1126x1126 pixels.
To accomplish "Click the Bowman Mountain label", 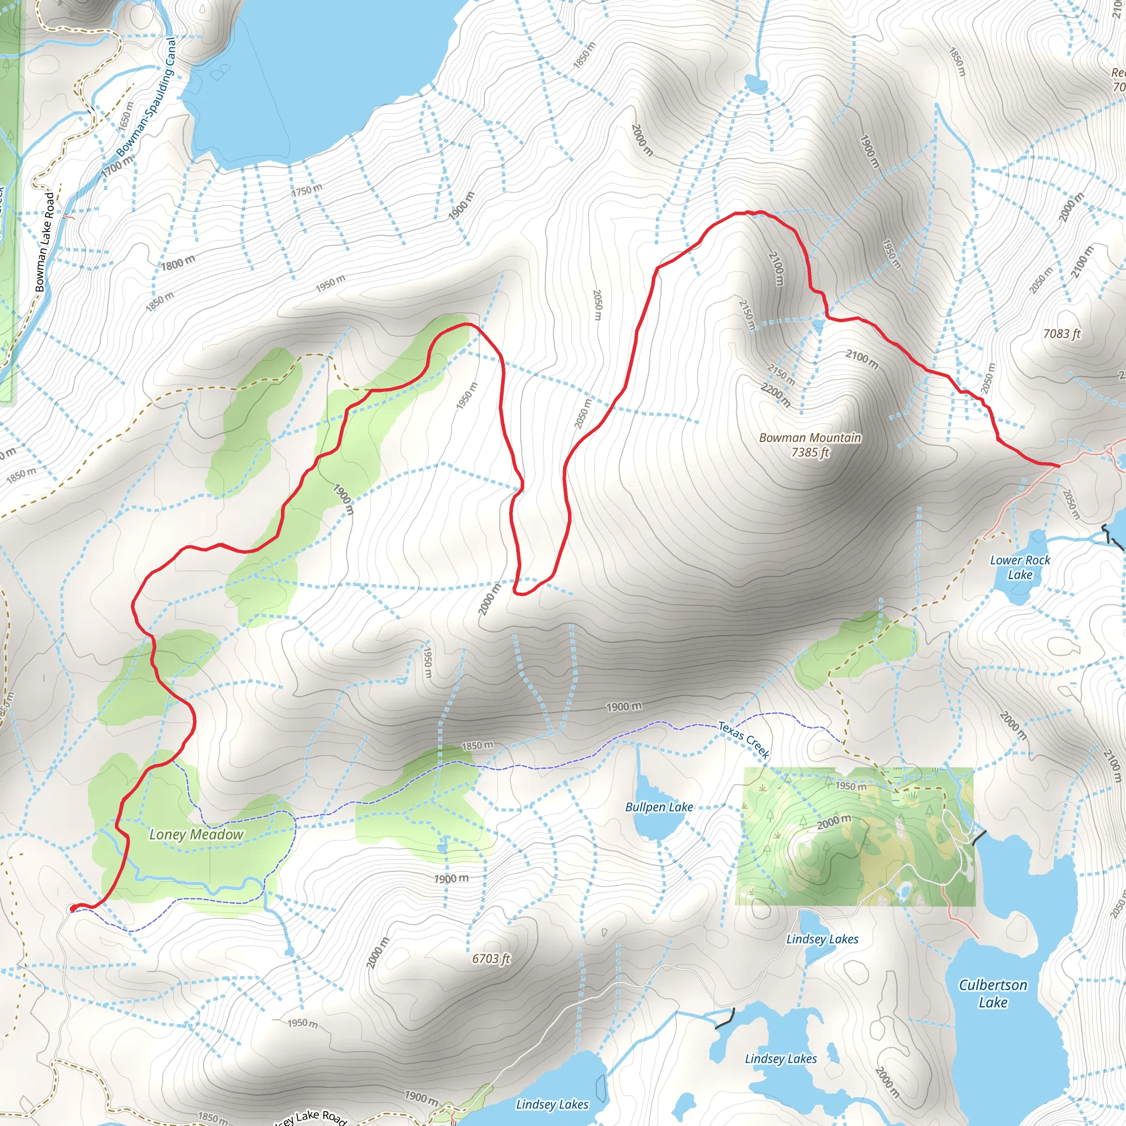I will (809, 438).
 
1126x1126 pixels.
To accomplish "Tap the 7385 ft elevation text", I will (809, 452).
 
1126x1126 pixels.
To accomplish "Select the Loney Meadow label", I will (196, 835).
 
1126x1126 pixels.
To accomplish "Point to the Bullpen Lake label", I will (659, 807).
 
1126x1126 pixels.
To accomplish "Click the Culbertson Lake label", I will (993, 993).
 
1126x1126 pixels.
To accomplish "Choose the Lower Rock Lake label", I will (1020, 567).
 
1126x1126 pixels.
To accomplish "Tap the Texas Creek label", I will (744, 739).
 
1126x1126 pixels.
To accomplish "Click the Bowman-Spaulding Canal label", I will (146, 97).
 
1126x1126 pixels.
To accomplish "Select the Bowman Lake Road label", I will (45, 242).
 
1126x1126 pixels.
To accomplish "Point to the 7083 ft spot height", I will (1061, 333).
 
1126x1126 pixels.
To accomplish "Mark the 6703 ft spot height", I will (491, 959).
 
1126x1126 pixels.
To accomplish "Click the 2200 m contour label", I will (776, 395).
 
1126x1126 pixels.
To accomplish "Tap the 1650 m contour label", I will (125, 116).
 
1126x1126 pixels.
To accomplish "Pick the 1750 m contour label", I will (307, 190).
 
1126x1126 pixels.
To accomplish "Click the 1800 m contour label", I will (178, 263).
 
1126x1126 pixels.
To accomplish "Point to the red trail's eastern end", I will (1058, 465).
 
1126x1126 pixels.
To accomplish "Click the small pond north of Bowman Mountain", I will (756, 85).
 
